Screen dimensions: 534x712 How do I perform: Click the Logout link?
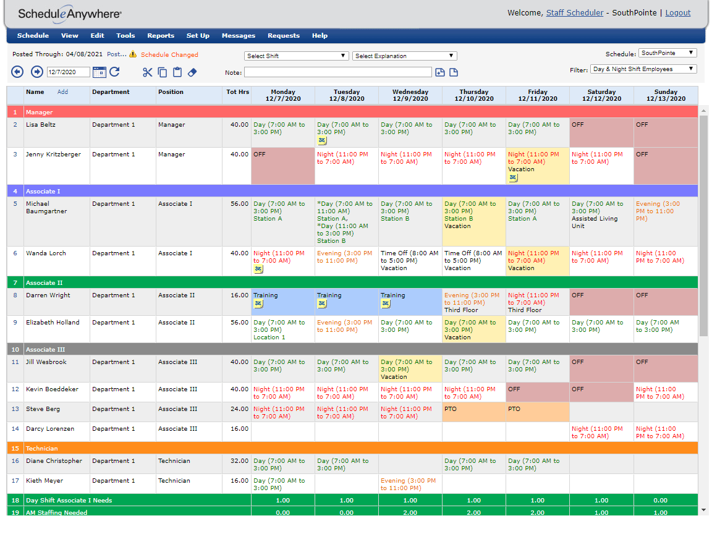[x=677, y=13]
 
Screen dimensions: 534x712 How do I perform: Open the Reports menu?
[x=161, y=36]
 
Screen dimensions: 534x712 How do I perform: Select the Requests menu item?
[x=283, y=36]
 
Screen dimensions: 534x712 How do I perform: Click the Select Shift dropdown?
[x=297, y=56]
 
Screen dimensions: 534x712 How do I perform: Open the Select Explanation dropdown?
[x=405, y=56]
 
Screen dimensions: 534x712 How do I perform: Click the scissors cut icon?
[x=147, y=72]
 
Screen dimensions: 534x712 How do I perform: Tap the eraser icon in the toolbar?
[x=192, y=72]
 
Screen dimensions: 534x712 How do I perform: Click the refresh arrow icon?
[x=114, y=72]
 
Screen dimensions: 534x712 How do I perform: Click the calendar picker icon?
[x=99, y=72]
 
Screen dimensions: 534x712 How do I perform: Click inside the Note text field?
[x=337, y=73]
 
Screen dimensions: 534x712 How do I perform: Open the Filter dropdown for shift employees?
[x=643, y=69]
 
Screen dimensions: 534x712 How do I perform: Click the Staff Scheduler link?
[x=574, y=13]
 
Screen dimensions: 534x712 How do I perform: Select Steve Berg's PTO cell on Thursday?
[x=473, y=412]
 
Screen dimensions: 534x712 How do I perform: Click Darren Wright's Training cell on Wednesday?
[x=410, y=302]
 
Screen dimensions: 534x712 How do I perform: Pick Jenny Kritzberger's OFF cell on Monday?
[x=282, y=166]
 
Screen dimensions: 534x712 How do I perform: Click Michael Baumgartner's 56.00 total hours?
[x=239, y=204]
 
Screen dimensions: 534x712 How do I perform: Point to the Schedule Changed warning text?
[x=169, y=55]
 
